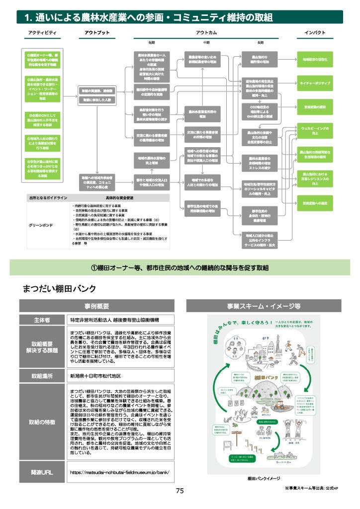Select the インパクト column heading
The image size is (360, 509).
(x=315, y=32)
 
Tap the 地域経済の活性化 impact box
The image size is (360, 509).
(x=315, y=59)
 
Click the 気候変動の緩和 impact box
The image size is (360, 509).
(x=315, y=107)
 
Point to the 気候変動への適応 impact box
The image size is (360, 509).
(x=315, y=203)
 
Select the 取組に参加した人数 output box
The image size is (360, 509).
(x=96, y=100)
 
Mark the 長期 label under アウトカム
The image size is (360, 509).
(x=261, y=42)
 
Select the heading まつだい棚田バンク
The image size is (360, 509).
(x=60, y=288)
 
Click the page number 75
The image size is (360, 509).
(x=180, y=491)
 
